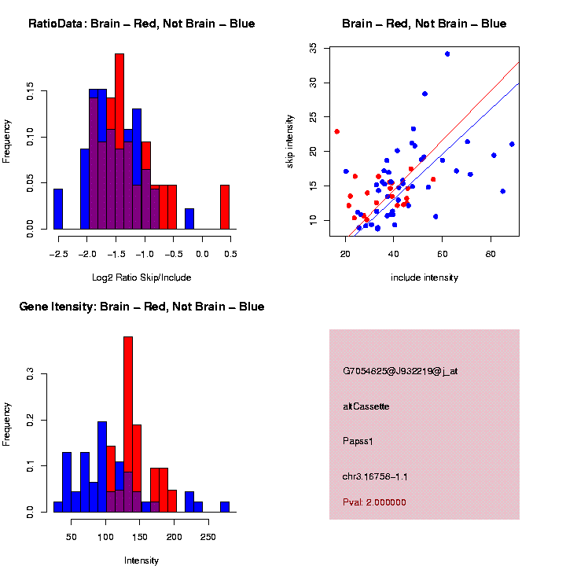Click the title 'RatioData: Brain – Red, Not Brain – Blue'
coord(141,24)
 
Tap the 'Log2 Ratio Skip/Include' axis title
coord(141,277)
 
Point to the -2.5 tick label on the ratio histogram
coord(57,254)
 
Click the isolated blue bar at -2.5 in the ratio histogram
coord(57,209)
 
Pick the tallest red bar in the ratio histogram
coord(119,141)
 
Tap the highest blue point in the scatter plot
coord(447,53)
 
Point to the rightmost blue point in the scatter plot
coord(512,144)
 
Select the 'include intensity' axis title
coord(424,277)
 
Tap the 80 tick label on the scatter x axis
coord(491,254)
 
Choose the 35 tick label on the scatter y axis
coord(314,48)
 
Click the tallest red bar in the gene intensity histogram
coord(128,424)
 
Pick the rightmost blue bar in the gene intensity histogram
coord(225,507)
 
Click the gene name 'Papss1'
coord(358,441)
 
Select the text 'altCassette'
coord(366,406)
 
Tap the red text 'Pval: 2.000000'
coord(375,502)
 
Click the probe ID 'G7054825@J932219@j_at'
coord(400,371)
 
